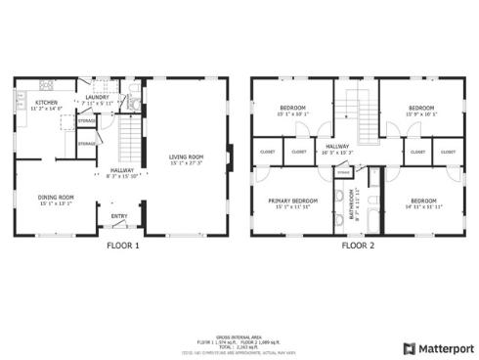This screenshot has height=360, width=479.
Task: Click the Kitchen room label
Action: click(x=45, y=103)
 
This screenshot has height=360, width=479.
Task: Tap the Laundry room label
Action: click(x=96, y=98)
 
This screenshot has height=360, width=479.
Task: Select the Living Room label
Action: click(x=185, y=157)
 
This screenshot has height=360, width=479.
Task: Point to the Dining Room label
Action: click(x=55, y=197)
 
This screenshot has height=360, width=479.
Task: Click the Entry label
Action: click(x=118, y=217)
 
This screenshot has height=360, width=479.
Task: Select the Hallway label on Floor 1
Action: click(x=121, y=168)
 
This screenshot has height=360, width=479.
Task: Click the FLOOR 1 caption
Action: click(x=123, y=246)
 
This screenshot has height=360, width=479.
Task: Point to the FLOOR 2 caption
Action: click(x=358, y=246)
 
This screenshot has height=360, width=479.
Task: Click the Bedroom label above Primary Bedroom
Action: click(x=293, y=108)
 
